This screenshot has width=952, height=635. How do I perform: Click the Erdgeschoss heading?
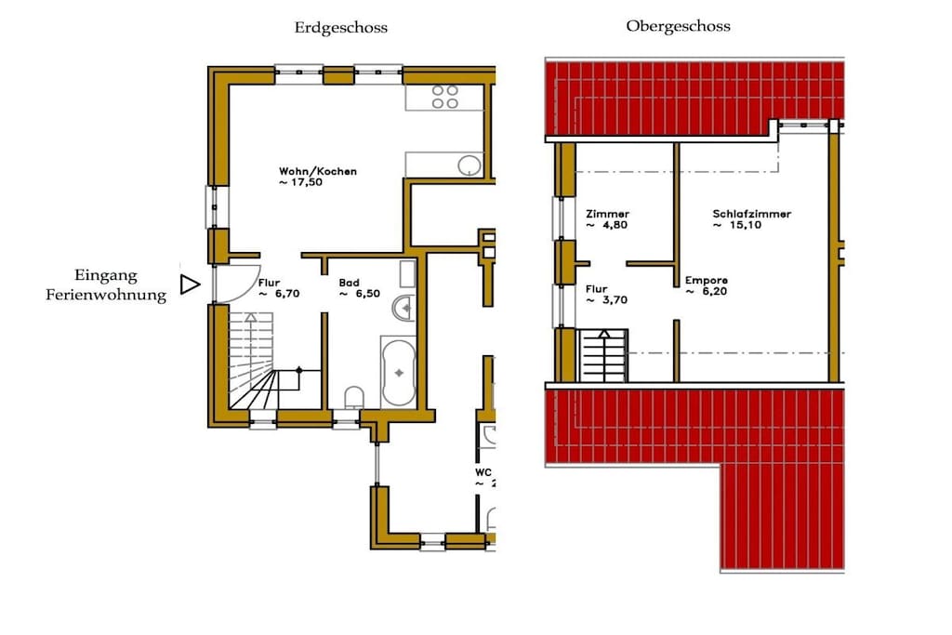tap(340, 28)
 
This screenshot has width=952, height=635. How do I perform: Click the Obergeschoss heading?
tap(678, 27)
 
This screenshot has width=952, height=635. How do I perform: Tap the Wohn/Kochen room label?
tap(318, 171)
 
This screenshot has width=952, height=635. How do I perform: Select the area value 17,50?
tap(307, 182)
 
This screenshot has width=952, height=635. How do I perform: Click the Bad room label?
tap(350, 283)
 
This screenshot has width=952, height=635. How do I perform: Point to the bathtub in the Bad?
tap(399, 372)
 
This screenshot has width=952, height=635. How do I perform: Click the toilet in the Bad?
tap(354, 398)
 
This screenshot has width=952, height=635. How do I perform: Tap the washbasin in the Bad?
tap(403, 308)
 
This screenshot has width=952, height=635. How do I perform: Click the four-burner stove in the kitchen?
tap(445, 97)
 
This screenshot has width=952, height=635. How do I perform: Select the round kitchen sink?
tap(469, 165)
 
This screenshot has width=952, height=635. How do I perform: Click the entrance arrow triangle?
tap(190, 284)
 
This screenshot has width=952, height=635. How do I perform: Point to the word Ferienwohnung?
tap(106, 296)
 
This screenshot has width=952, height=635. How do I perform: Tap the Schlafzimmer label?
tap(751, 214)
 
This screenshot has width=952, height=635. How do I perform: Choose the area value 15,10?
tap(746, 225)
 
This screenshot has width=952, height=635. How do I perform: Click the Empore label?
tap(707, 281)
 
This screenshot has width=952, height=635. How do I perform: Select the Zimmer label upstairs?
tap(607, 214)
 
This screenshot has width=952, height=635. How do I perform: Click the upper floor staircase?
tap(602, 356)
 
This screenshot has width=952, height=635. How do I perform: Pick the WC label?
tap(483, 472)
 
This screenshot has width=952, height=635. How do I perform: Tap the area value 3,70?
tap(615, 300)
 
